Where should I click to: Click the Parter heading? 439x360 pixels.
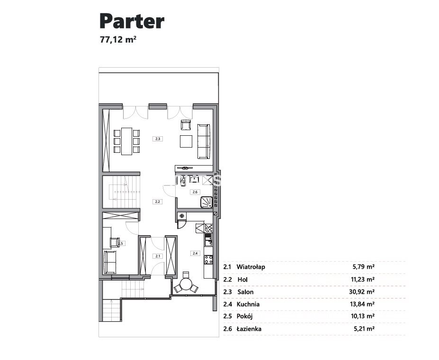132,22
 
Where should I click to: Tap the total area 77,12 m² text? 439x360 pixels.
118,39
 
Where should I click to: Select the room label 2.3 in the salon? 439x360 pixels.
158,139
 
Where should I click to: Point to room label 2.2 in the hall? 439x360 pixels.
158,202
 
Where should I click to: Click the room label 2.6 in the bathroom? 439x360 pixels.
195,192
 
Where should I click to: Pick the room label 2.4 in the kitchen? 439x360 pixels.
195,254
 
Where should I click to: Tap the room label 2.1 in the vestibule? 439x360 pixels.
158,256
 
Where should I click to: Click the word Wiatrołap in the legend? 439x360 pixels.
251,267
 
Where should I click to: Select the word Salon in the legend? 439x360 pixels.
245,292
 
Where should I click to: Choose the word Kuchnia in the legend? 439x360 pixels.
248,304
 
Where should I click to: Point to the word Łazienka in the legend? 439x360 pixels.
249,329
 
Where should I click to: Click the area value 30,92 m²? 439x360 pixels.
363,292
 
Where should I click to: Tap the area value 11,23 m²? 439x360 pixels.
363,279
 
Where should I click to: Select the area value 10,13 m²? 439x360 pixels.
363,316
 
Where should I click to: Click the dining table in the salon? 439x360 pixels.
126,141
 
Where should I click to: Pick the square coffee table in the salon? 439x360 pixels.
186,141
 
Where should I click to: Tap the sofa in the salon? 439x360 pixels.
204,141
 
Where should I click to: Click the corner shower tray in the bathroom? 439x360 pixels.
207,202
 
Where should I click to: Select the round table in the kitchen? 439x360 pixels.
185,285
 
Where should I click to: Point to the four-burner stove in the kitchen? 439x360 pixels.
208,260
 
